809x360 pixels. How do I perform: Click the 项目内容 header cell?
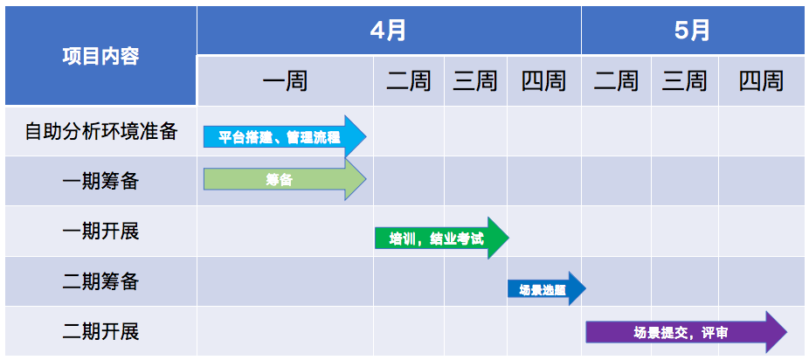[x=100, y=56]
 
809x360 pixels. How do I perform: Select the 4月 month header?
[x=389, y=30]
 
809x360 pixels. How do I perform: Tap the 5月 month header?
[x=693, y=30]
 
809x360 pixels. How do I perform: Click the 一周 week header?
[x=286, y=81]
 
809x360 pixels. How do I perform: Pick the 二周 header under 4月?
[x=409, y=81]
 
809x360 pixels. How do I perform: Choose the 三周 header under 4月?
[x=475, y=81]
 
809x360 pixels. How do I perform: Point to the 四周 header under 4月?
[x=543, y=81]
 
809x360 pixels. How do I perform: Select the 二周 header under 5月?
[x=616, y=81]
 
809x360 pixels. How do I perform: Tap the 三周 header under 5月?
[x=685, y=81]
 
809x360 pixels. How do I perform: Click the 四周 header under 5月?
[x=761, y=81]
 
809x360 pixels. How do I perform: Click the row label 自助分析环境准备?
[x=101, y=132]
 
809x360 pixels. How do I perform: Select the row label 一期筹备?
[x=101, y=182]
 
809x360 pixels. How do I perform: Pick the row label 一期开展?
[x=101, y=232]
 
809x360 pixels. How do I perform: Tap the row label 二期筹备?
[x=101, y=281]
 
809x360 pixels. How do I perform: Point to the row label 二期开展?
[x=101, y=332]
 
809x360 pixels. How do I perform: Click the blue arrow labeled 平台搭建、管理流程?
[x=285, y=136]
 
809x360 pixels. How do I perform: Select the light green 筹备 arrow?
[x=285, y=179]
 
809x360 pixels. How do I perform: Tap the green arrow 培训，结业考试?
[x=442, y=239]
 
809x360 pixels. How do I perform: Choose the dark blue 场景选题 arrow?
[x=547, y=288]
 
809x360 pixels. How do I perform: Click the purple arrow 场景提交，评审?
[x=687, y=332]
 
